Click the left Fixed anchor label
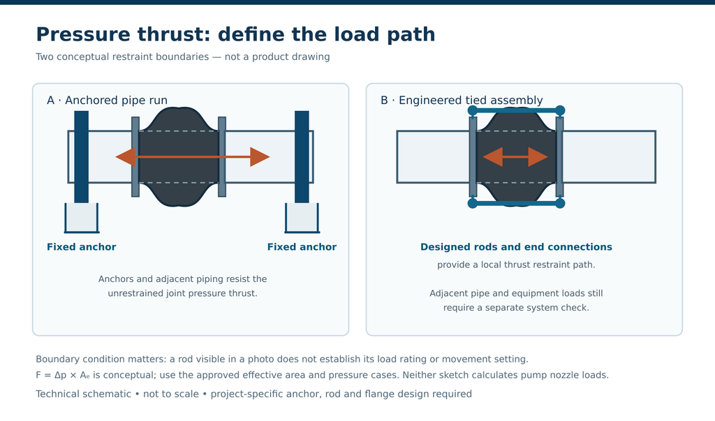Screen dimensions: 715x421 [81, 246]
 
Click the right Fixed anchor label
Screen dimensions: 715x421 [302, 246]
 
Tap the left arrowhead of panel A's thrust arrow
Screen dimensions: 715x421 [126, 157]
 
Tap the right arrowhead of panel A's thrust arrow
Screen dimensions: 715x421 [260, 157]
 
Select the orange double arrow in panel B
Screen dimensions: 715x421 [515, 157]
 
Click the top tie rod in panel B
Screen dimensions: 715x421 [516, 110]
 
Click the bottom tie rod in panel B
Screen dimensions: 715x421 [516, 203]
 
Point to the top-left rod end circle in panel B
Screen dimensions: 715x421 [473, 110]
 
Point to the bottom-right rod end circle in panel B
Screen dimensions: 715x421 [561, 203]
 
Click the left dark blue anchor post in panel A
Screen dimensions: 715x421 [81, 157]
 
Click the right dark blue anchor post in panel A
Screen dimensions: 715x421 [302, 157]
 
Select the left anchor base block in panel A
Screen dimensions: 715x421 [82, 218]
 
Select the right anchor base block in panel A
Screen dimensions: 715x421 [302, 218]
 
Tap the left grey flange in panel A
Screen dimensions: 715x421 [135, 157]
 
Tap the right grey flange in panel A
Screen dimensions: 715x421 [222, 157]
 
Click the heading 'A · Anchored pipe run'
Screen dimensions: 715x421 [107, 101]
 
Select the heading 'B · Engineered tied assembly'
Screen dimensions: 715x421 [462, 101]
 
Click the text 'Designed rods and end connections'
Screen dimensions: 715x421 [516, 246]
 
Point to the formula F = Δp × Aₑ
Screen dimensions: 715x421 [63, 376]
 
